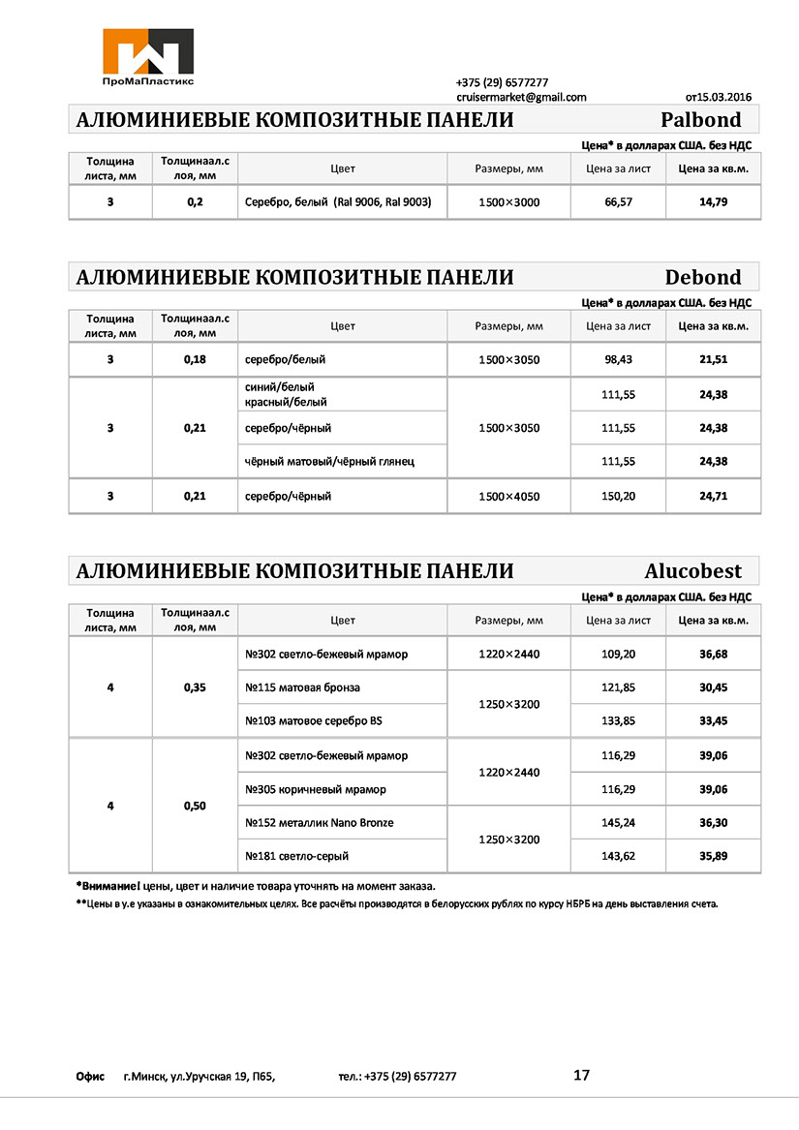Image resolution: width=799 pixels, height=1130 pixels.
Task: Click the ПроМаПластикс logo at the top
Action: (x=148, y=57)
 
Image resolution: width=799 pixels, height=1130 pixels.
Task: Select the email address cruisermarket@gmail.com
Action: (x=521, y=97)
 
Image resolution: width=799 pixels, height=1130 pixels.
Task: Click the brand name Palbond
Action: (x=700, y=120)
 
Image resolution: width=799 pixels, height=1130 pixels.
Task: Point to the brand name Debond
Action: (x=703, y=278)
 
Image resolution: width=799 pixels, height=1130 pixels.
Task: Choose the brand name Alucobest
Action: (x=692, y=570)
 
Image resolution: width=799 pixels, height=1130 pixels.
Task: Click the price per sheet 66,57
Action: (x=618, y=201)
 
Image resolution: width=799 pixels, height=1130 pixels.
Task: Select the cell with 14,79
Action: (x=713, y=201)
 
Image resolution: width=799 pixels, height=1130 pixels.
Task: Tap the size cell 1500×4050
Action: (x=508, y=496)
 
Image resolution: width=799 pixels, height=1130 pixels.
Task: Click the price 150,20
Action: (x=618, y=496)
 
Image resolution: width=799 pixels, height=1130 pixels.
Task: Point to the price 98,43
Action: (x=618, y=359)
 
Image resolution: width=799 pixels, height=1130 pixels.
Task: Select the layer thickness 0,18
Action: (x=195, y=359)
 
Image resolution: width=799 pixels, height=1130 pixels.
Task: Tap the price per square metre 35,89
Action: (x=713, y=856)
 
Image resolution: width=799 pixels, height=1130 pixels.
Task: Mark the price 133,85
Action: (x=618, y=720)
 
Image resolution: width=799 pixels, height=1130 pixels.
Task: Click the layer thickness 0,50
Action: (x=195, y=806)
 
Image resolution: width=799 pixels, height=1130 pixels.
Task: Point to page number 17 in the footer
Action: (x=581, y=1075)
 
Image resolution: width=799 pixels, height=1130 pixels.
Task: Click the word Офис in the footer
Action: (x=90, y=1076)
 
